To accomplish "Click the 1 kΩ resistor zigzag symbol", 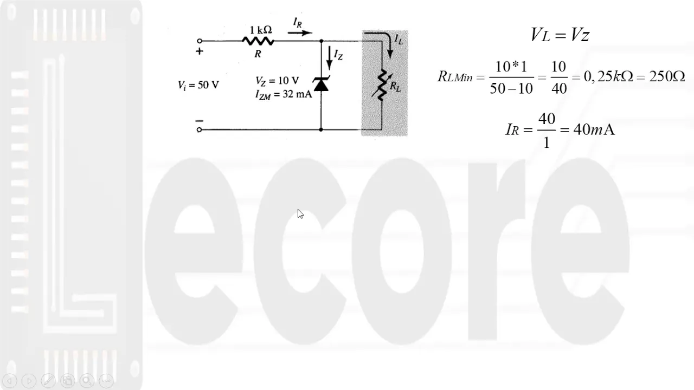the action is pos(258,41).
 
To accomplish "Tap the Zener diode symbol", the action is pos(321,84).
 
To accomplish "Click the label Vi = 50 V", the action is pos(198,85).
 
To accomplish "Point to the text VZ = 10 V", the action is pos(277,81).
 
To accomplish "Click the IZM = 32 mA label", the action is pos(283,94).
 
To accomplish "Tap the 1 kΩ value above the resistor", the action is pos(261,30).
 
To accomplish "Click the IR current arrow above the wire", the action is pos(300,32).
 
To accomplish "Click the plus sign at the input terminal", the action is pos(200,51).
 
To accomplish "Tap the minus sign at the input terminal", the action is pos(200,121).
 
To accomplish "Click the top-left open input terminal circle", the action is pos(200,41).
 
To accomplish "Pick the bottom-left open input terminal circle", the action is pos(200,130).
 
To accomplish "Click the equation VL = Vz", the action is pos(560,36).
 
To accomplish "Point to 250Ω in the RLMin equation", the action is pos(667,76).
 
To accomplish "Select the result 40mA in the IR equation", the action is pos(594,130).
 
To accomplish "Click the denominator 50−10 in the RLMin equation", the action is pos(511,89).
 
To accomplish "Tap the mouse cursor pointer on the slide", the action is pos(300,214).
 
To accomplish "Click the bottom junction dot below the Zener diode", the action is pos(321,130).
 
